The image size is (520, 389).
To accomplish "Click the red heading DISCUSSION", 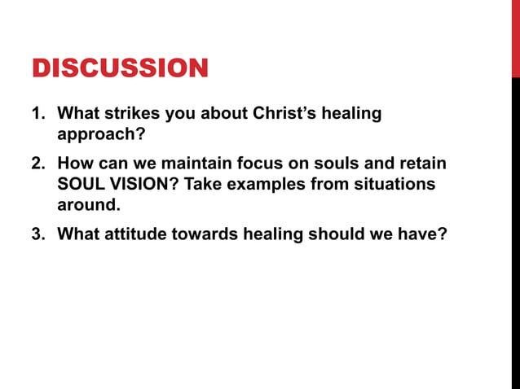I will (120, 68).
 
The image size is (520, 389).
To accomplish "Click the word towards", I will (207, 235).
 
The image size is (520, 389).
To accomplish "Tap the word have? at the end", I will (425, 235).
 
